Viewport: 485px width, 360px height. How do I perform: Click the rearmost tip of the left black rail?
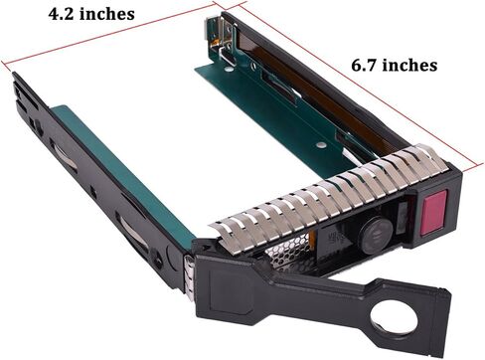(x=17, y=78)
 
